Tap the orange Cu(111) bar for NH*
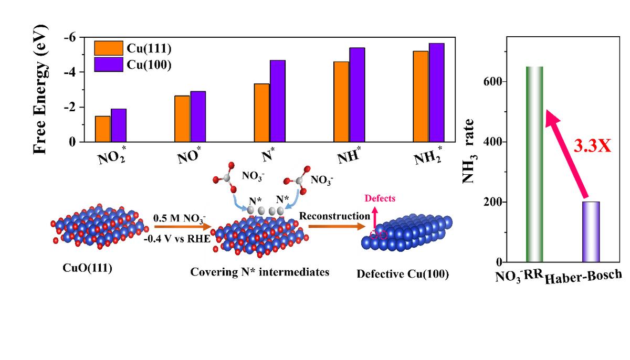coord(341,102)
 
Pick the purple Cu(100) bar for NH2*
coord(436,92)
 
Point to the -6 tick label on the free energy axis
coord(69,37)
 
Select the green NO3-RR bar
coord(534,164)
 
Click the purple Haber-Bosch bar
coord(591,231)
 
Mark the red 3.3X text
coord(592,146)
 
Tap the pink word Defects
coord(381,198)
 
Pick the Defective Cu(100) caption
coord(403,273)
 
